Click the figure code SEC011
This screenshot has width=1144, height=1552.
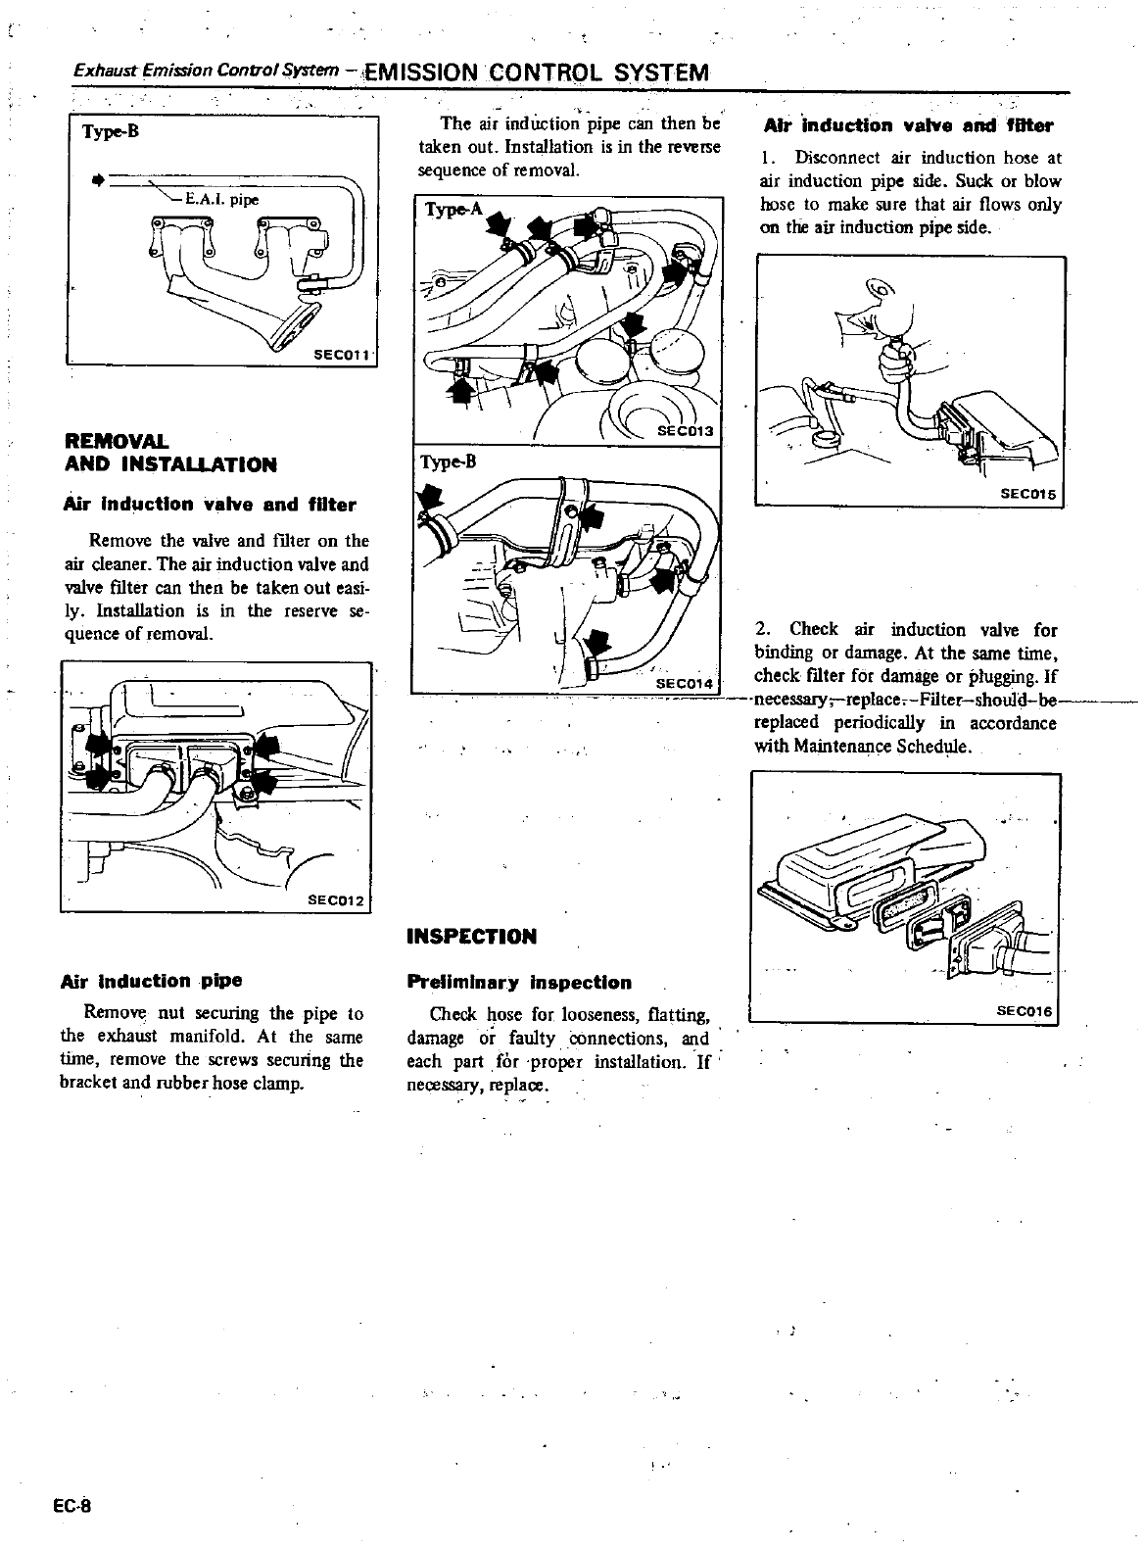(340, 355)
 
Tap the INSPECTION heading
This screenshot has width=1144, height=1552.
(471, 937)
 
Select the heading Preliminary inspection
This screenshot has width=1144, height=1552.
(519, 983)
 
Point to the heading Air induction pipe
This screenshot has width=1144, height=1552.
(152, 981)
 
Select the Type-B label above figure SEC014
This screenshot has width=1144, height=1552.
(447, 461)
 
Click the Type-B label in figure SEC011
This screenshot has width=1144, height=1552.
(111, 132)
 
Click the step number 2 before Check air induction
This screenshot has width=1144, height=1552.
(761, 629)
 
